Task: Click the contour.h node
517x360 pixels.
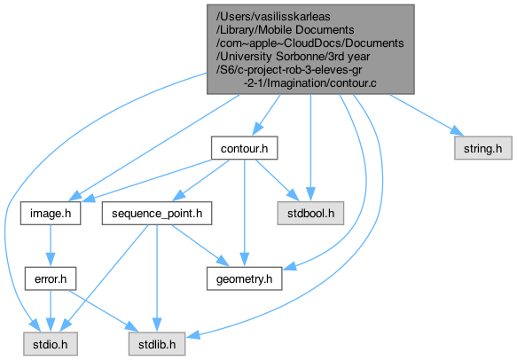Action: coord(245,148)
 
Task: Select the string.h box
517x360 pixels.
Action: coord(483,148)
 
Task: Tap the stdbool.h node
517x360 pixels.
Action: coord(310,214)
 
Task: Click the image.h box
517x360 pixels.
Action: coord(51,214)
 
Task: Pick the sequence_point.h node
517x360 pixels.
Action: coord(157,214)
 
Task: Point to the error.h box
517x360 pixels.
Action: coord(51,279)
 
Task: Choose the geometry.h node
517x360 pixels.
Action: coord(245,279)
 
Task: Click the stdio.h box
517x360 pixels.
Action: coord(51,344)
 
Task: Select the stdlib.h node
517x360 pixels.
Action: coord(157,344)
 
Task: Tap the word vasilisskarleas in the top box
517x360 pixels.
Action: coord(275,17)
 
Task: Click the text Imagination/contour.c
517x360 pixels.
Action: coord(322,83)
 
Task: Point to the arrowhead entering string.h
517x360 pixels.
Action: coord(458,131)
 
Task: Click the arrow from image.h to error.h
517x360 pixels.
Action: coord(51,246)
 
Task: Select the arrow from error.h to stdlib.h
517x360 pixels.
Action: coord(103,310)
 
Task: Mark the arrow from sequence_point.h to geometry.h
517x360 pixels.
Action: coord(200,246)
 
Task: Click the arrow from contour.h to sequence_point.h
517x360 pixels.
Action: coord(200,181)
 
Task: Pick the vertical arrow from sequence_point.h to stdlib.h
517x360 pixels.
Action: coord(157,278)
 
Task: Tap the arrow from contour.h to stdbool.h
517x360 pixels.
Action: coord(277,180)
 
